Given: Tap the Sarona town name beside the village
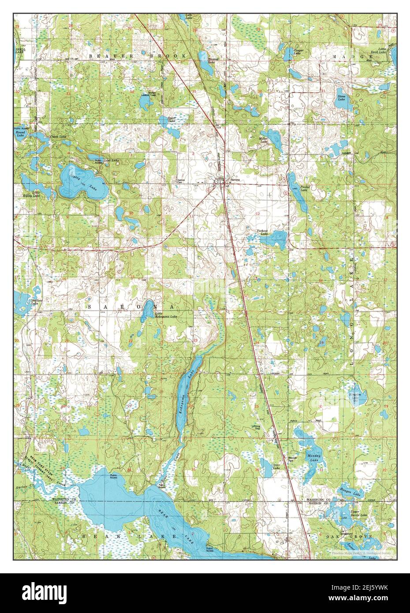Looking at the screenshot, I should (x=232, y=180).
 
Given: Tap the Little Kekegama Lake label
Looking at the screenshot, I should (x=167, y=316).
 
